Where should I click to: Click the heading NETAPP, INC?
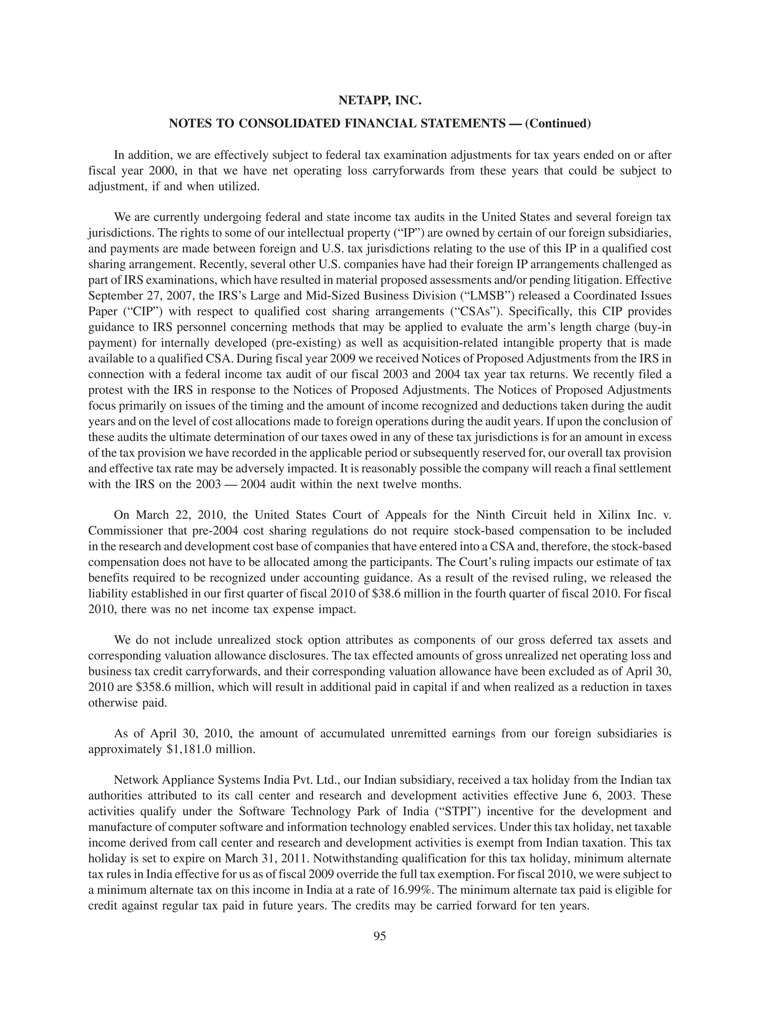379,101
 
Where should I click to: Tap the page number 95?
379,936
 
